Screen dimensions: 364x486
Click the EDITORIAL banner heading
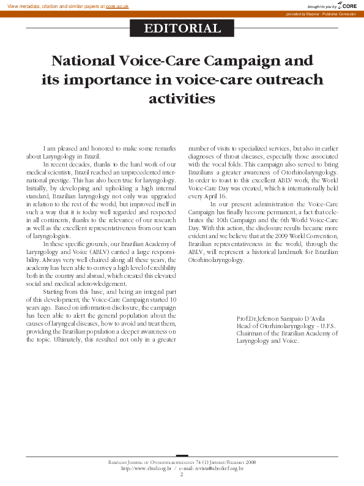click(x=182, y=28)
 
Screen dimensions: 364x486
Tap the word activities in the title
click(x=182, y=98)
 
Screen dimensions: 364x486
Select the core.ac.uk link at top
click(x=117, y=5)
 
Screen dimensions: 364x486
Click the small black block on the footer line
click(x=182, y=455)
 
